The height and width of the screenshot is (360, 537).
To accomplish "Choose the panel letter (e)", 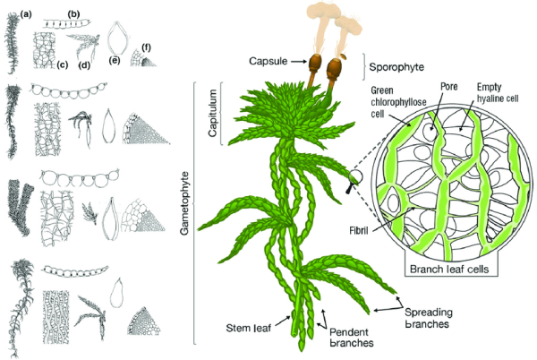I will coord(114,61).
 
